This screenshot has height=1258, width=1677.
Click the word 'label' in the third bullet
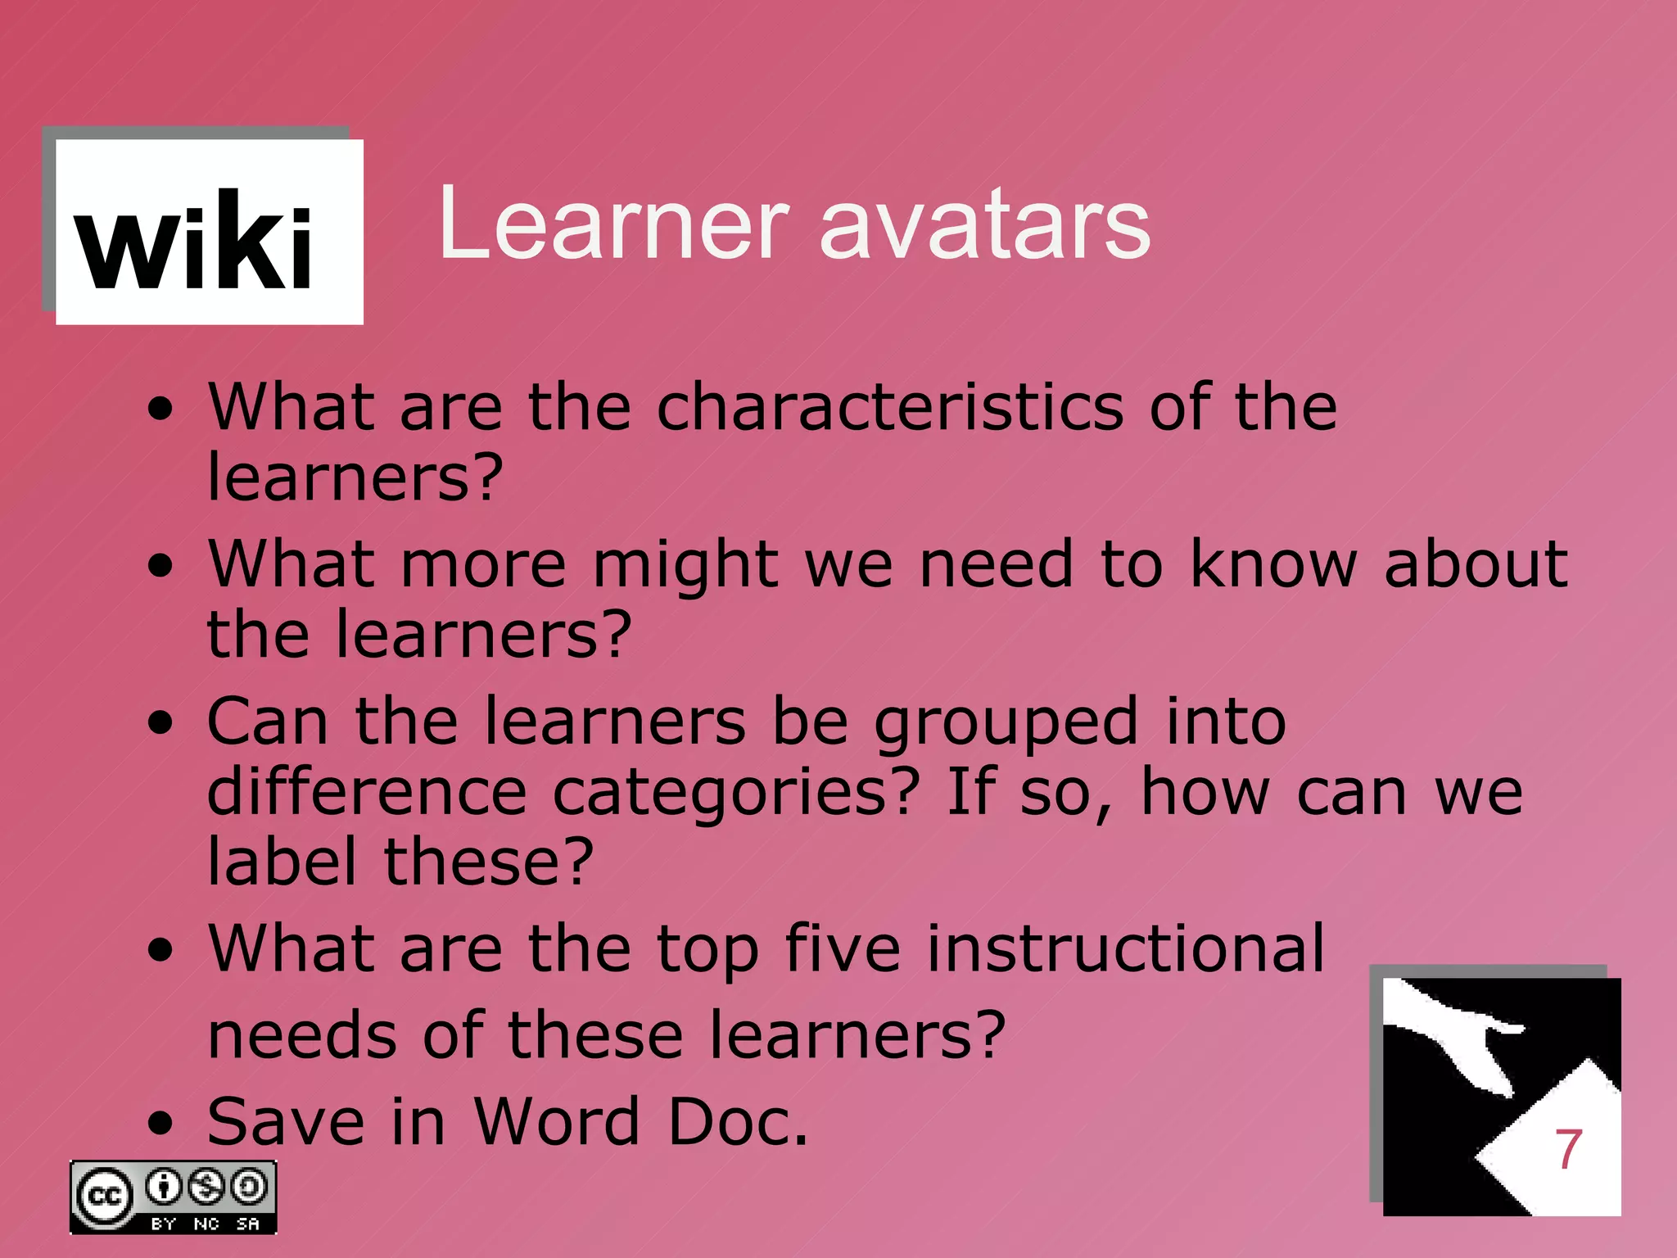(282, 862)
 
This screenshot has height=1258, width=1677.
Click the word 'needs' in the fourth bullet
(302, 1035)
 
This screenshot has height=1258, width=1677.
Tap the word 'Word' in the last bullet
(557, 1122)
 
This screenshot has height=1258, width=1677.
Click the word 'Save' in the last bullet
(286, 1122)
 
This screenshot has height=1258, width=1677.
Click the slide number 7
(1567, 1149)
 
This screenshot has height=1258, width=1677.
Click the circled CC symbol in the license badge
(104, 1197)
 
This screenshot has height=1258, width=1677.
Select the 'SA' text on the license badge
(247, 1224)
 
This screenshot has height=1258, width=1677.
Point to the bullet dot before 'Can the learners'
(161, 722)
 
